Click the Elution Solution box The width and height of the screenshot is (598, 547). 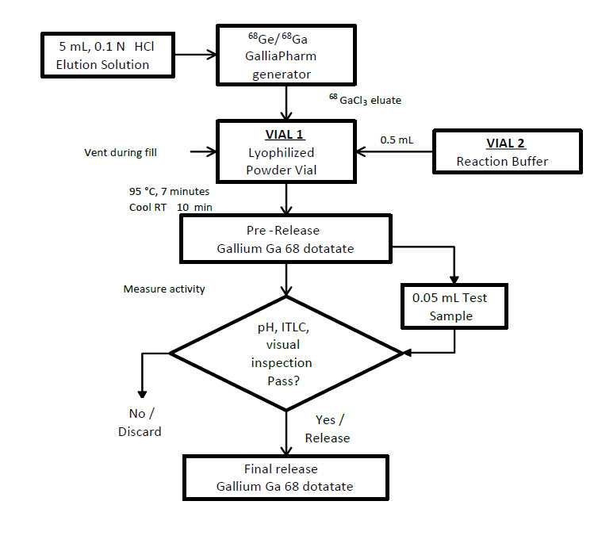click(106, 55)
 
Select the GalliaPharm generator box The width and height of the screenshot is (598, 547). click(286, 55)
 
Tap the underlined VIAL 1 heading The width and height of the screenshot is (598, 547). click(286, 134)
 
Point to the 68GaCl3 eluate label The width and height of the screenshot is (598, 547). click(366, 99)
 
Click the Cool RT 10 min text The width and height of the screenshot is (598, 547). click(160, 206)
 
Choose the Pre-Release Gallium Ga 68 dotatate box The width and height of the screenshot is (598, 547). click(286, 239)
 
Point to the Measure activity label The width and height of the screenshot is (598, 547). click(164, 289)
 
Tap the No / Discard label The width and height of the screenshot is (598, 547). click(140, 422)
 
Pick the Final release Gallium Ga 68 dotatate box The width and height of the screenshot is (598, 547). click(286, 477)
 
